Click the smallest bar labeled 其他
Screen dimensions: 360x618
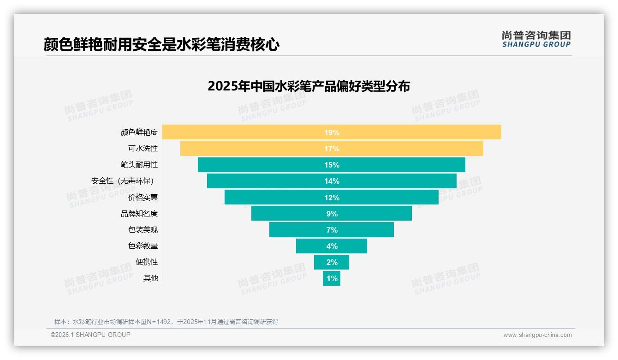pyautogui.click(x=332, y=278)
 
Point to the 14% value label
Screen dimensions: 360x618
pyautogui.click(x=332, y=181)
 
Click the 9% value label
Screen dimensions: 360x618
pyautogui.click(x=332, y=214)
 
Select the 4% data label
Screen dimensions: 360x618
pyautogui.click(x=332, y=246)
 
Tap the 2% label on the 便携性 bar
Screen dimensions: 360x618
pyautogui.click(x=332, y=262)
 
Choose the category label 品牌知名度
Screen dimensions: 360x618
pyautogui.click(x=139, y=214)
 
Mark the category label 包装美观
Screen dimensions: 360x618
pyautogui.click(x=143, y=230)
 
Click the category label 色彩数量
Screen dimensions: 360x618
pyautogui.click(x=143, y=246)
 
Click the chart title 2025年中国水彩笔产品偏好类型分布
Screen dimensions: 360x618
pyautogui.click(x=309, y=86)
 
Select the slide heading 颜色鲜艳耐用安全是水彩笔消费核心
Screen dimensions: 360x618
pyautogui.click(x=161, y=44)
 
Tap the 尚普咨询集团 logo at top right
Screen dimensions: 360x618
pyautogui.click(x=536, y=39)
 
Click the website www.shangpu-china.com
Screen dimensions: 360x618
pyautogui.click(x=537, y=335)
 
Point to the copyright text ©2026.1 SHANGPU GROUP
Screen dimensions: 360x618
pyautogui.click(x=90, y=335)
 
